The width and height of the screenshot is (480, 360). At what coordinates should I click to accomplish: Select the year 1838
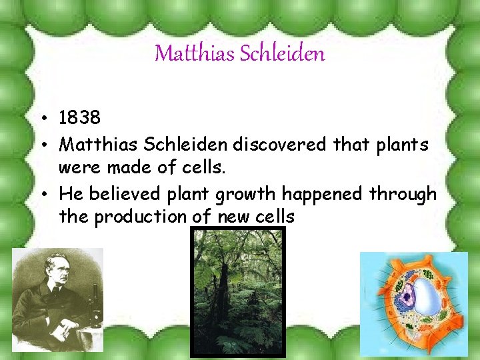click(x=79, y=118)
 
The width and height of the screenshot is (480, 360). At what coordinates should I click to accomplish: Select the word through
click(x=402, y=194)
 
